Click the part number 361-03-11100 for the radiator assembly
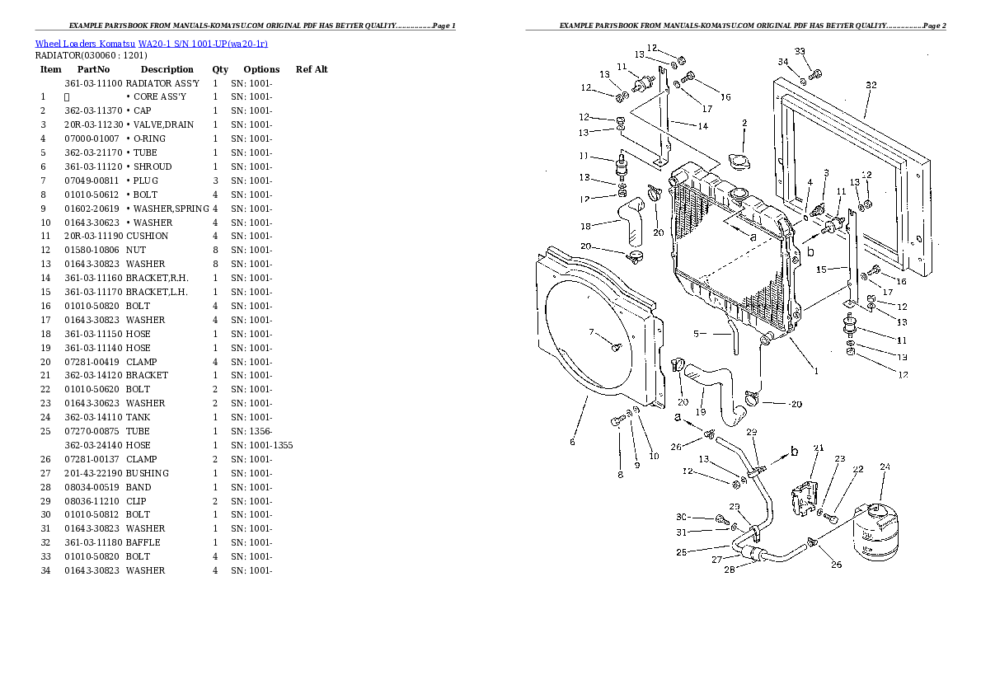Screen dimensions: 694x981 coord(93,83)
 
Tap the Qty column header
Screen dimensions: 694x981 coord(220,69)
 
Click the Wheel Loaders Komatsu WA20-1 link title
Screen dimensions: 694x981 coord(151,43)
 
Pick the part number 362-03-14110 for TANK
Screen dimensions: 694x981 coord(93,417)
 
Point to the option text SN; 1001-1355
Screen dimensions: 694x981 coord(261,445)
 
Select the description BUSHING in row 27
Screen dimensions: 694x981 coord(148,473)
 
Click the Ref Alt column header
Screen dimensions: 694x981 coord(312,69)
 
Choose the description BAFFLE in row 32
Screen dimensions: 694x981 coord(143,542)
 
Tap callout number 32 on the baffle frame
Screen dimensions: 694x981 coord(871,85)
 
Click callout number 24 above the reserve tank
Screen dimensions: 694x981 coord(885,467)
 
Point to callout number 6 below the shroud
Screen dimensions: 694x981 coord(572,442)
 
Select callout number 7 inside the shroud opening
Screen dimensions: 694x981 coord(591,332)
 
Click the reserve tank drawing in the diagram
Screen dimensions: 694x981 coord(876,530)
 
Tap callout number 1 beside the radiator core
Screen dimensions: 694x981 coord(816,371)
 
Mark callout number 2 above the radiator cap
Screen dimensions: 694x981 coord(744,124)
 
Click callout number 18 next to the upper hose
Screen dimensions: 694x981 coord(585,226)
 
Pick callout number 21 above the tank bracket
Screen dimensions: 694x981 coord(818,448)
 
